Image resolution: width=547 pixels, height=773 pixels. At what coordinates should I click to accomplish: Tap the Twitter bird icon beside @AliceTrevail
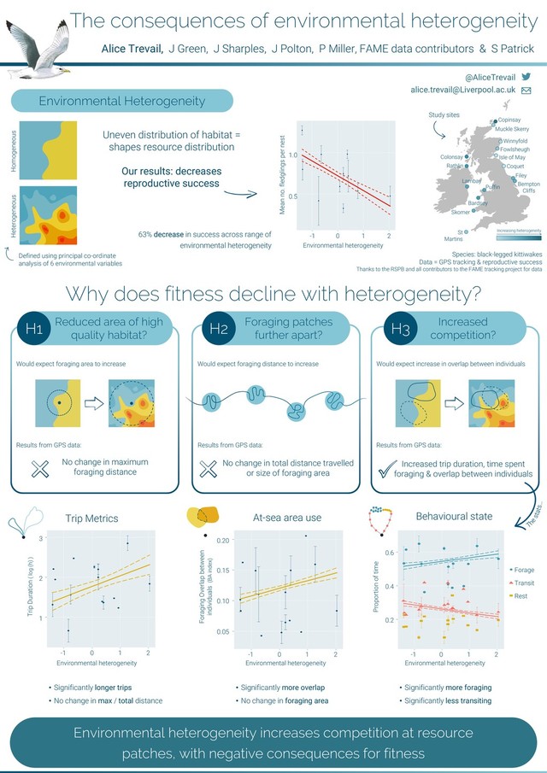(526, 76)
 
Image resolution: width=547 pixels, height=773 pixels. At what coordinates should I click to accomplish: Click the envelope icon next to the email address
(526, 90)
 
